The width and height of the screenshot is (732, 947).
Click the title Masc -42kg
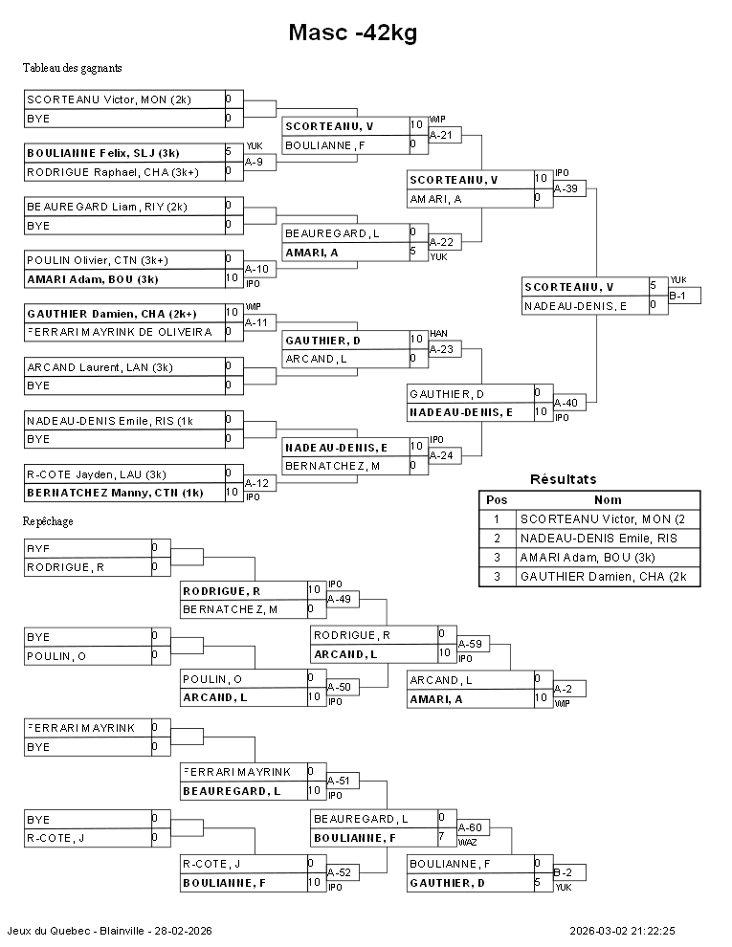click(352, 33)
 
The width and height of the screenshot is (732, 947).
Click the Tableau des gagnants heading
click(72, 68)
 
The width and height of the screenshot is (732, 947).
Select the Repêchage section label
click(49, 521)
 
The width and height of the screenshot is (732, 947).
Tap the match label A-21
click(441, 135)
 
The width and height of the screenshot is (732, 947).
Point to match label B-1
click(677, 297)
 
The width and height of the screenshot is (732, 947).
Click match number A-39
click(566, 188)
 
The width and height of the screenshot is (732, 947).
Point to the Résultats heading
click(563, 479)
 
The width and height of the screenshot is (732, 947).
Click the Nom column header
click(608, 500)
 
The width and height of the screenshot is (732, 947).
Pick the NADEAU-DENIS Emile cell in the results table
click(608, 539)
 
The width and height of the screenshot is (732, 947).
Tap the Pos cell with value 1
click(497, 519)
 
